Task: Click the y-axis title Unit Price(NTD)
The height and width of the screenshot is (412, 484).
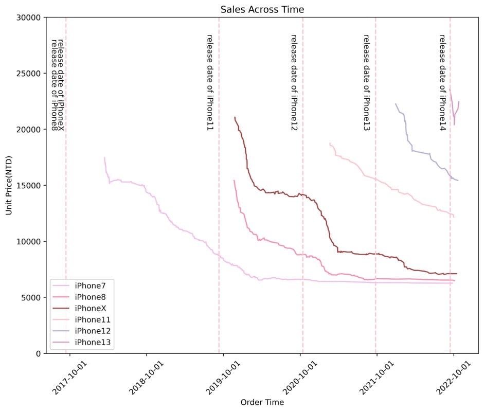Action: (x=9, y=185)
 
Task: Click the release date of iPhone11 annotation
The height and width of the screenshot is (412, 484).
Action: (x=210, y=82)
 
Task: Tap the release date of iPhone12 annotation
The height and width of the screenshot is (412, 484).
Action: (x=294, y=82)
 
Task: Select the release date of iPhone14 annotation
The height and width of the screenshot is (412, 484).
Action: (x=442, y=82)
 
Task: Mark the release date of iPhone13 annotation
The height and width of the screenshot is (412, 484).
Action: (x=367, y=82)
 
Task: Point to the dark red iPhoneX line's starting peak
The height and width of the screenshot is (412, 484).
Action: (x=235, y=118)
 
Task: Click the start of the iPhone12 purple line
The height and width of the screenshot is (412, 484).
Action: (x=396, y=104)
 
